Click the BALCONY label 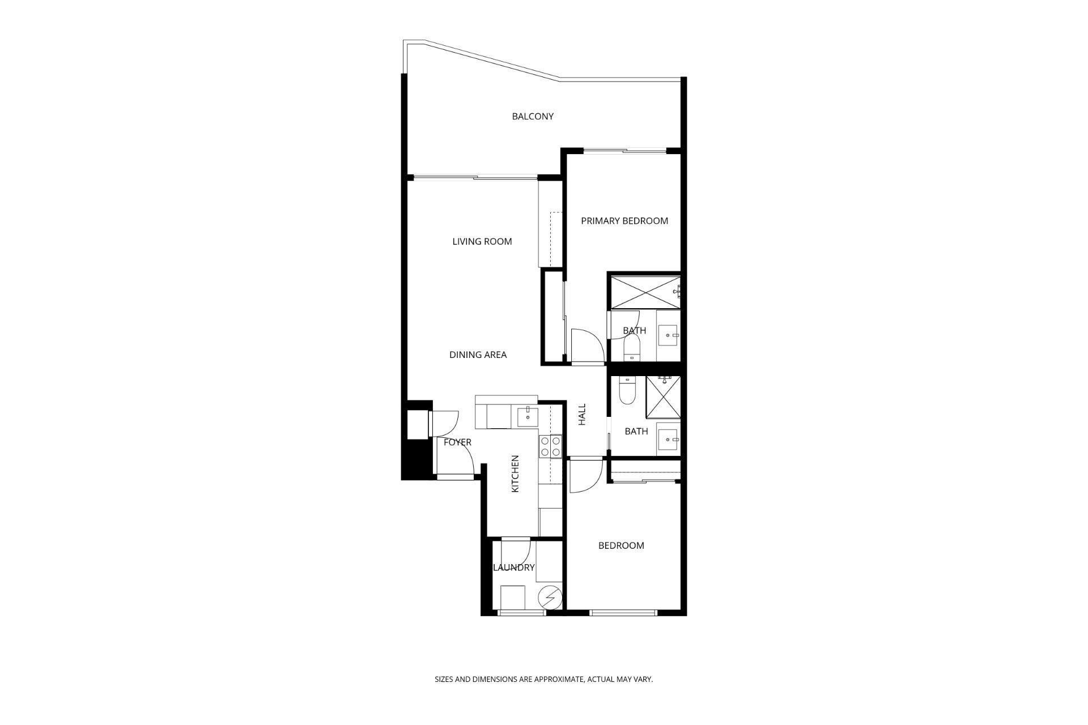point(533,117)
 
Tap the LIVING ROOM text point(482,242)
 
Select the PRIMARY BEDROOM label point(624,221)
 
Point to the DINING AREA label point(478,355)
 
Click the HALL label point(582,415)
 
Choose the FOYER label point(457,442)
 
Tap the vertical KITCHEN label point(515,474)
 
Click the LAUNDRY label point(514,568)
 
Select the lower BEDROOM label point(621,545)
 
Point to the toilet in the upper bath point(631,347)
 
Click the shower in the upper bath point(644,292)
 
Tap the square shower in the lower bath point(663,398)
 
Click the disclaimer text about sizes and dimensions point(544,679)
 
